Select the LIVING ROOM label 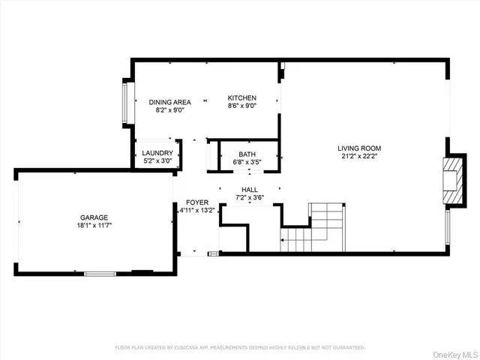tap(360, 148)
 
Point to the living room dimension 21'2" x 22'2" tap(360, 156)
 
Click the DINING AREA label tap(169, 102)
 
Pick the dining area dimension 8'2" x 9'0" tap(169, 110)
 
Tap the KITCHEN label tap(242, 97)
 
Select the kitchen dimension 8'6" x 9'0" tap(242, 106)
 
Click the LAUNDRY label tap(157, 153)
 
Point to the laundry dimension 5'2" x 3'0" tap(157, 160)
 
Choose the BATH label tap(247, 154)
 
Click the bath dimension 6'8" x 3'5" tap(247, 161)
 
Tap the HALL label tap(250, 190)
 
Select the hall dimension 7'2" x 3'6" tap(250, 197)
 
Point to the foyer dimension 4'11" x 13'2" tap(197, 211)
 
